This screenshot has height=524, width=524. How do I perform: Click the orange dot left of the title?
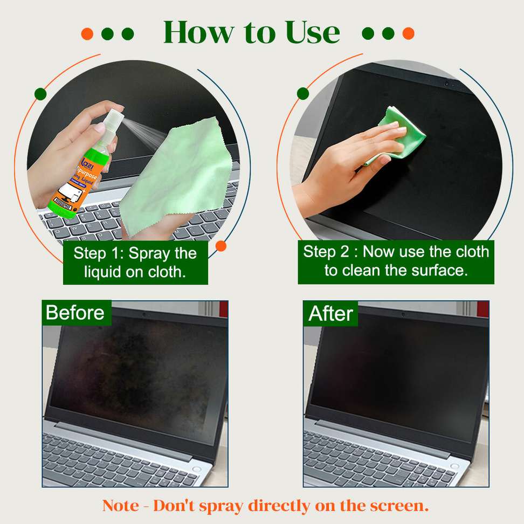(x=87, y=34)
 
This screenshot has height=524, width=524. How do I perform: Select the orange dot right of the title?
(x=408, y=33)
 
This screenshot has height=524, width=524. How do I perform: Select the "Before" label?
(x=75, y=313)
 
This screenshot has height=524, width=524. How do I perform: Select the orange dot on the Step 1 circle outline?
(x=220, y=246)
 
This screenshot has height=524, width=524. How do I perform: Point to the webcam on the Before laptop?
(x=144, y=313)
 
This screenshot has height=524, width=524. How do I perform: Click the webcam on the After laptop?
(x=403, y=313)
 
